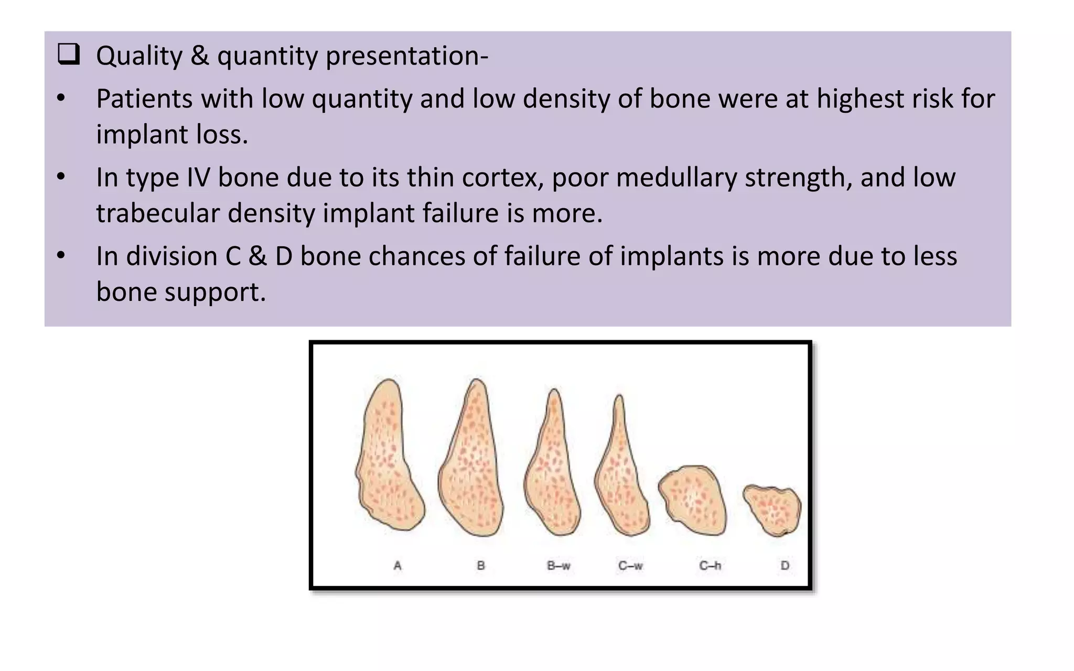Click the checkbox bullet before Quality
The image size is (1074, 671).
coord(69,55)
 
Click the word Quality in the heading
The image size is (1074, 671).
coord(139,56)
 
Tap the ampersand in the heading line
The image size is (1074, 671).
coord(199,56)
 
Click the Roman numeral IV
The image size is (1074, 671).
coord(198,177)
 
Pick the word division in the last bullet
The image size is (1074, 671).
coord(171,256)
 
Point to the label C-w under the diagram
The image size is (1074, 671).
coord(630,566)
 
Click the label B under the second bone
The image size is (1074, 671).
coord(481,566)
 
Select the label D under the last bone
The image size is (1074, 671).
coord(785,566)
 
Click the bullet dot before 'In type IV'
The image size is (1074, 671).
coord(61,177)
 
